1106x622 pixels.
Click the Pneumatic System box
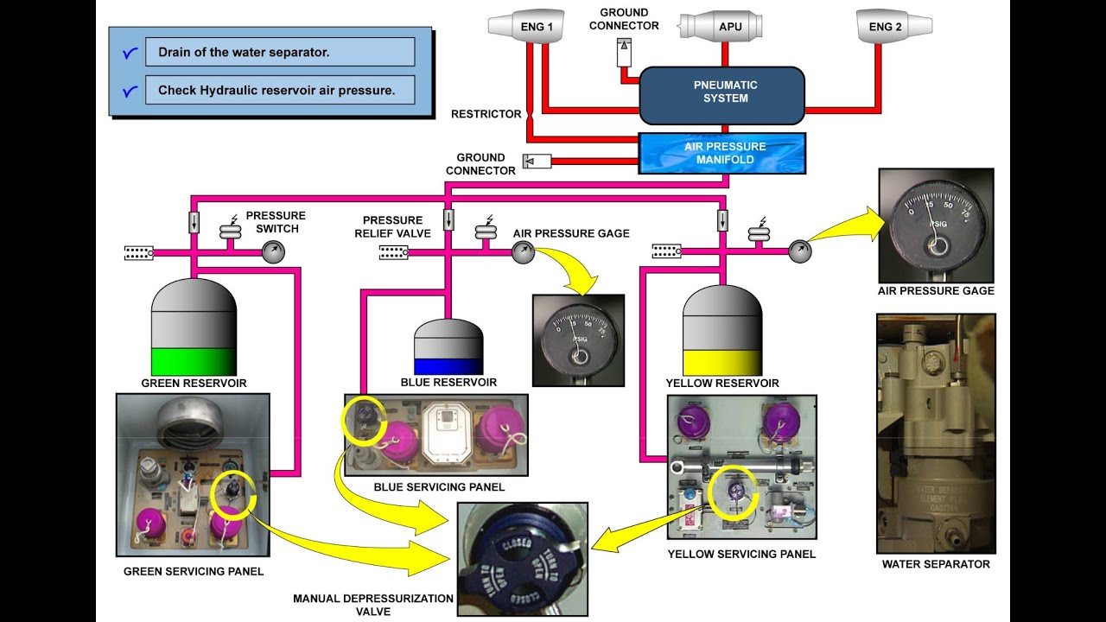point(721,92)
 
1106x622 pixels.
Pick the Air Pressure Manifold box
point(721,154)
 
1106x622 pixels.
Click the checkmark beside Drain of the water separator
point(130,53)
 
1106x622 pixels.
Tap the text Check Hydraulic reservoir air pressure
point(276,90)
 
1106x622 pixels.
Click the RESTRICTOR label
point(486,114)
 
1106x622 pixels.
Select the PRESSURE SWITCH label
point(276,222)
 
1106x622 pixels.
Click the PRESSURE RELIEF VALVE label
point(392,226)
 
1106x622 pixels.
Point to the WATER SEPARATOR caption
point(936,564)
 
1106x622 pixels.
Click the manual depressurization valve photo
point(522,558)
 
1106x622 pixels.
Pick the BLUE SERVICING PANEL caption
point(439,487)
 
